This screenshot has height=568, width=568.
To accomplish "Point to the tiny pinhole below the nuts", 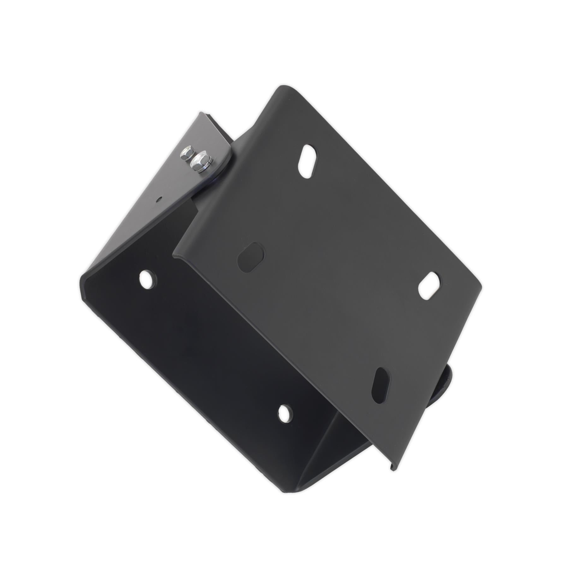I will [x=160, y=199].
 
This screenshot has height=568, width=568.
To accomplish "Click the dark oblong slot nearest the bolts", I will [x=251, y=257].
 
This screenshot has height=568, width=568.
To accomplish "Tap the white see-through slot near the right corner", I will [x=429, y=285].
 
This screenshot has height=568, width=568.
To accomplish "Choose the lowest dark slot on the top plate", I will [x=381, y=385].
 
